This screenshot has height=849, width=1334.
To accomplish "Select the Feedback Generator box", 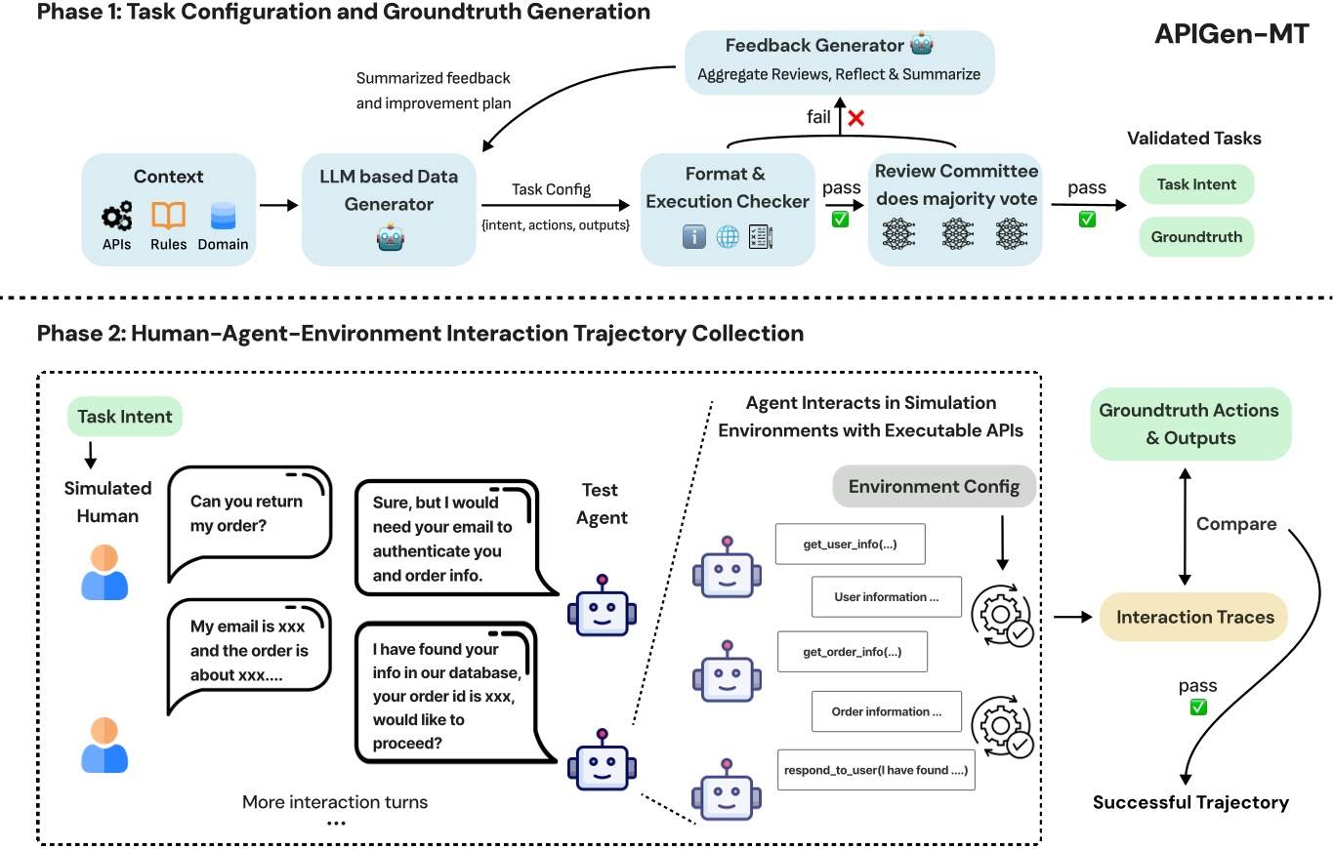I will tap(839, 61).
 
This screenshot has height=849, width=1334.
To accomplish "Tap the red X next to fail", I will tap(857, 117).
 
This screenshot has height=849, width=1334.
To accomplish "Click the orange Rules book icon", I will tap(168, 215).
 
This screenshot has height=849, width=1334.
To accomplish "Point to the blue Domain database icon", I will tap(224, 215).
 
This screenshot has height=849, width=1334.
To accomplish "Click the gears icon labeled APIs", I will tap(117, 215).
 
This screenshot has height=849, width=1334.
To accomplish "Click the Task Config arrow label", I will tap(552, 189).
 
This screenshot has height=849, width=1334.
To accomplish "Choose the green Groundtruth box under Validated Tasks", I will tap(1196, 236).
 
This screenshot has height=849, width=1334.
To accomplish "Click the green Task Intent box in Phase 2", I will tap(125, 417).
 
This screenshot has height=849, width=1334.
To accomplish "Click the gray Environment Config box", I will tap(935, 486).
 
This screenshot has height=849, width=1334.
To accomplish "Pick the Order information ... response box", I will tap(886, 711).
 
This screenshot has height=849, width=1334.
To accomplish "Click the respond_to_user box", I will tap(875, 770).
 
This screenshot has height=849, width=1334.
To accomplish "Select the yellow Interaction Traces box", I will tap(1194, 618).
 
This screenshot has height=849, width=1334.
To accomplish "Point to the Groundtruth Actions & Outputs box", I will tap(1190, 424).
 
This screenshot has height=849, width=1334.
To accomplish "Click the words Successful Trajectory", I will tap(1190, 803).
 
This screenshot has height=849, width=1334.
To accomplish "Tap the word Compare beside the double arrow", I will tap(1236, 524).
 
